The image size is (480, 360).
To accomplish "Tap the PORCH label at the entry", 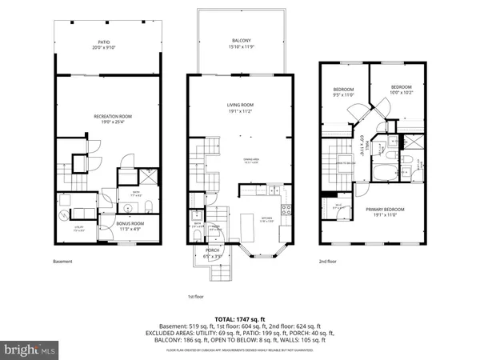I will click(213, 251).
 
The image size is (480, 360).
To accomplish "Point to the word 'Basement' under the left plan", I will click(63, 262).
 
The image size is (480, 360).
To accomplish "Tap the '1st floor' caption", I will click(197, 296).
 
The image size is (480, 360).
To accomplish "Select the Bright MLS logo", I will click(30, 349).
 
